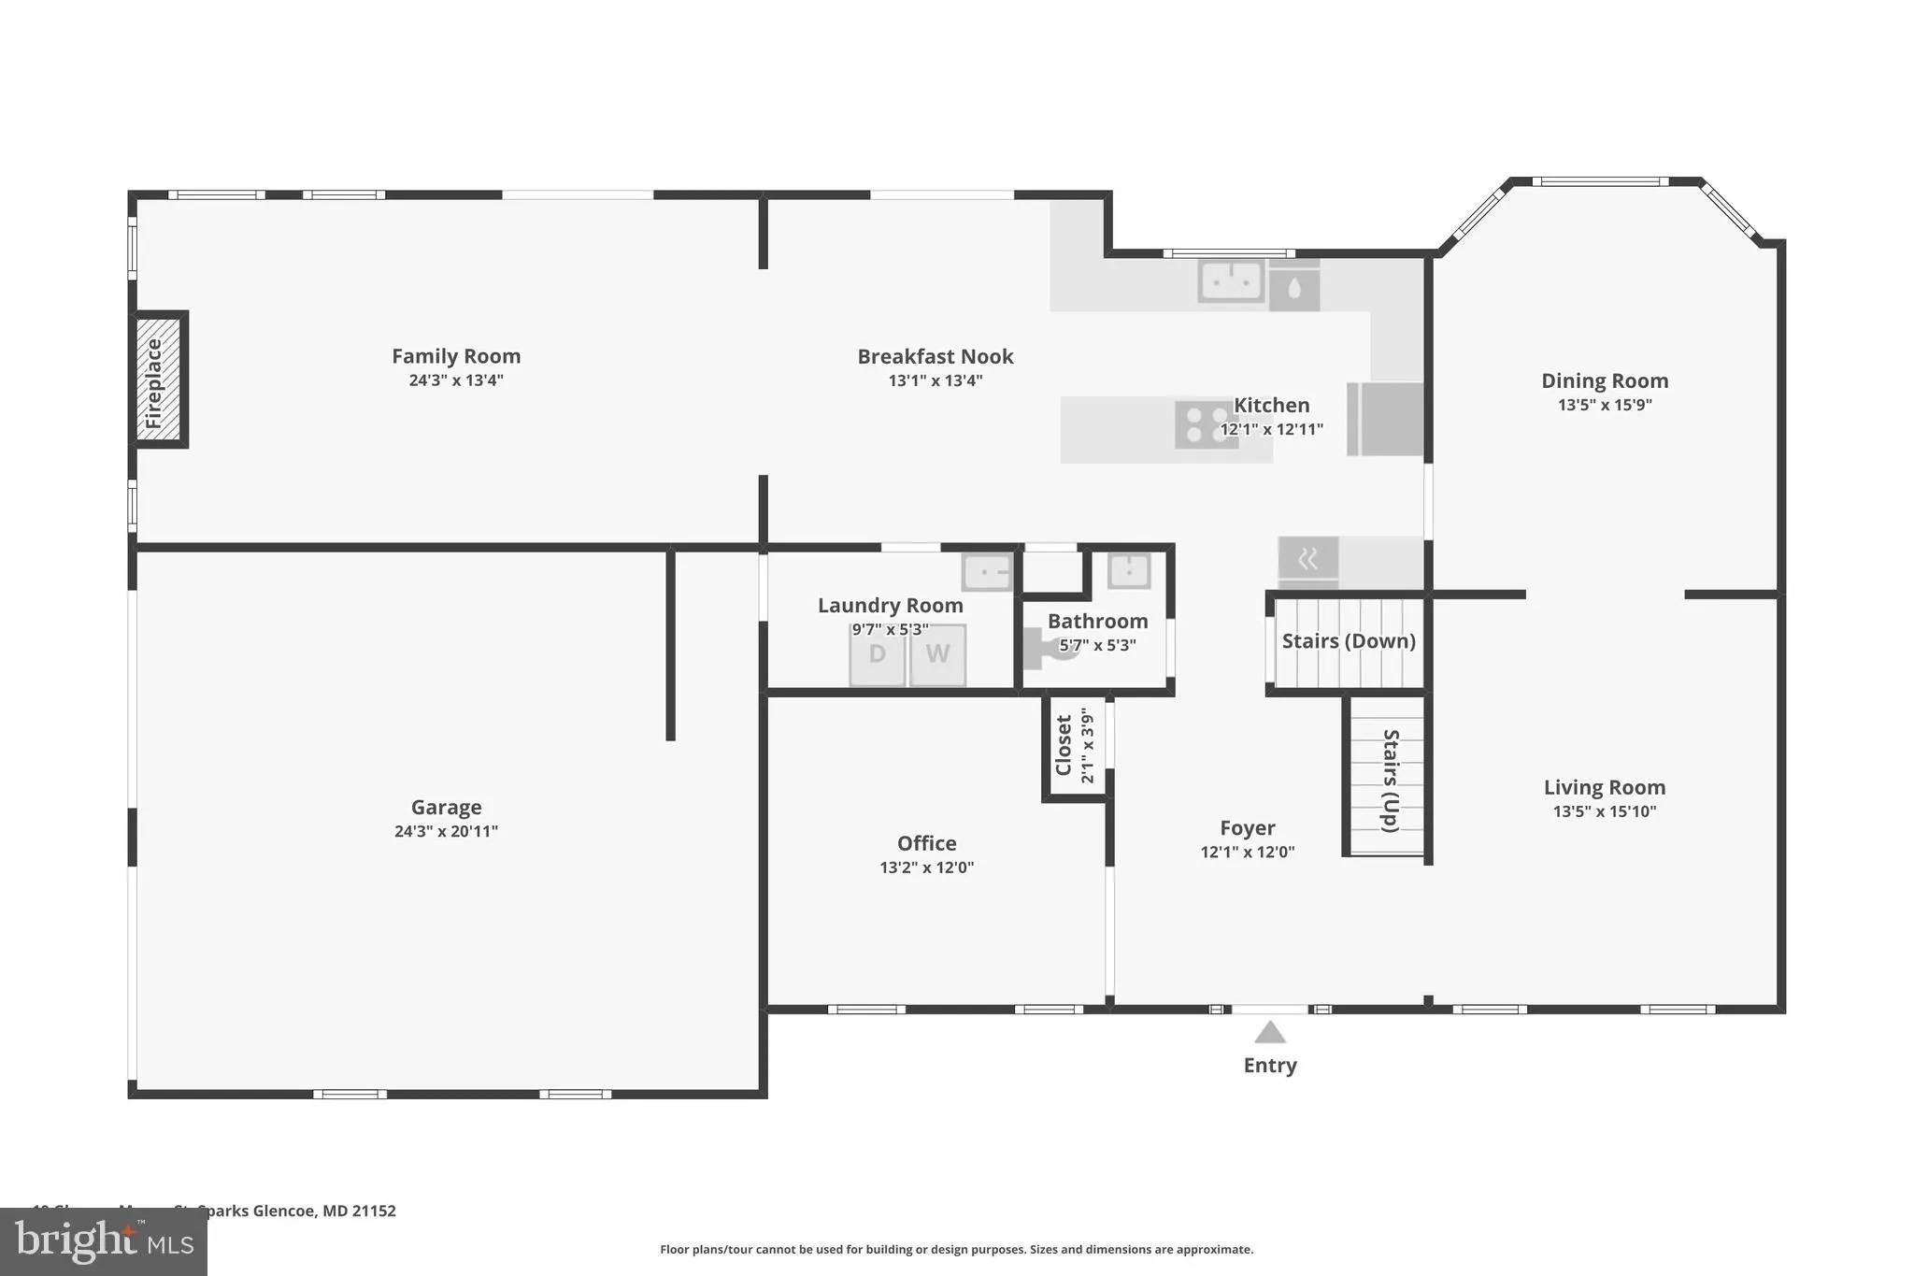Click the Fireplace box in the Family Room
pyautogui.click(x=160, y=380)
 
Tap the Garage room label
pyautogui.click(x=446, y=807)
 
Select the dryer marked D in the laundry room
pyautogui.click(x=877, y=654)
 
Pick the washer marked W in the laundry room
pyautogui.click(x=937, y=654)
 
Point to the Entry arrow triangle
pyautogui.click(x=1269, y=1032)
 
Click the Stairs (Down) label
pyautogui.click(x=1348, y=641)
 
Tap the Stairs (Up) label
pyautogui.click(x=1390, y=781)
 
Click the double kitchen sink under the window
pyautogui.click(x=1231, y=280)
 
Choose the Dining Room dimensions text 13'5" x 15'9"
pyautogui.click(x=1605, y=405)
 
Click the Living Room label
pyautogui.click(x=1604, y=787)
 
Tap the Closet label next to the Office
pyautogui.click(x=1064, y=745)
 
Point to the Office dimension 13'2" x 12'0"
pyautogui.click(x=926, y=867)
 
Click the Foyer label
pyautogui.click(x=1247, y=827)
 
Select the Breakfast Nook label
pyautogui.click(x=935, y=356)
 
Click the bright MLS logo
pyautogui.click(x=103, y=1241)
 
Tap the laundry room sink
pyautogui.click(x=986, y=571)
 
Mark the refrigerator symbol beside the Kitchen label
pyautogui.click(x=1387, y=419)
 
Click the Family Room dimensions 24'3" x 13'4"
pyautogui.click(x=456, y=380)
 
